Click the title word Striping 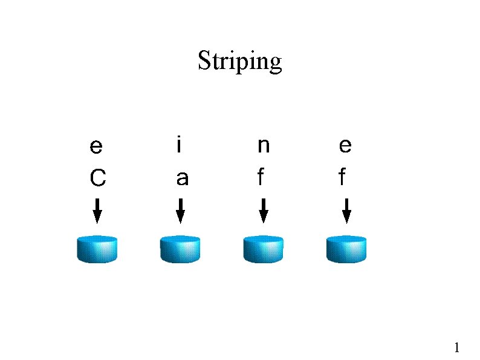pos(240,62)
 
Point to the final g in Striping pos(276,64)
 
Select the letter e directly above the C pos(96,147)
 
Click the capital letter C pos(97,178)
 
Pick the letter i pos(178,145)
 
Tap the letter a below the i pos(181,178)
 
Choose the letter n pos(263,147)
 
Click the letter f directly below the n pos(261,177)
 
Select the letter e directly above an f pos(345,146)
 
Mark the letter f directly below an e pos(343,177)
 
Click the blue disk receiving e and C pos(97,249)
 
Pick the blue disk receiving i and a pos(180,249)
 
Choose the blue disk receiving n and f pos(263,249)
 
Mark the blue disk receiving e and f pos(346,249)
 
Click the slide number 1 pos(457,347)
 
